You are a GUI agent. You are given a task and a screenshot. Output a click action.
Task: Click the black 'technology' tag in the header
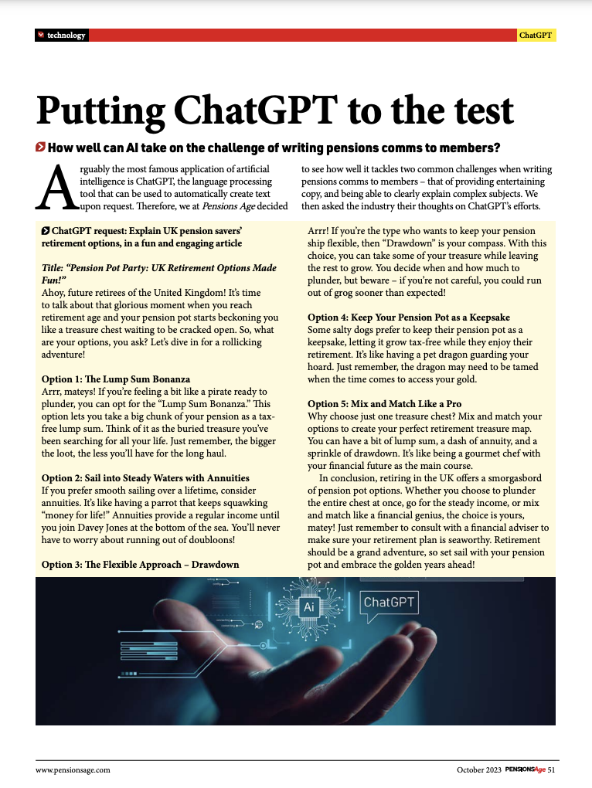(x=61, y=36)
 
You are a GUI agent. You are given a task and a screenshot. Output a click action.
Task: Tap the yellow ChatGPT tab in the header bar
(x=536, y=36)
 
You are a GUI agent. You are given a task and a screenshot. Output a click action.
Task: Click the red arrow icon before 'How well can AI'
(x=40, y=148)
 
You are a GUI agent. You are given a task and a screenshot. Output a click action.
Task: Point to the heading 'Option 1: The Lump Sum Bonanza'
(x=115, y=379)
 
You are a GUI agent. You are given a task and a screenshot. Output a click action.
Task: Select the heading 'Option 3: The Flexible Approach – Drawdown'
(x=140, y=564)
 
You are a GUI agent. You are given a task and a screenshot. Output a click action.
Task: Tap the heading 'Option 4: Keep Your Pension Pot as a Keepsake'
(x=409, y=318)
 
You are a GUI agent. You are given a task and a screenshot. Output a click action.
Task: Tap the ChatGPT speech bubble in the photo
(x=389, y=603)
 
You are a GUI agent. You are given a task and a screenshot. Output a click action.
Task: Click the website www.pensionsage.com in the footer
(x=73, y=769)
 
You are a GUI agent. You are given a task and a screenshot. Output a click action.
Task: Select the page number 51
(x=552, y=769)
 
